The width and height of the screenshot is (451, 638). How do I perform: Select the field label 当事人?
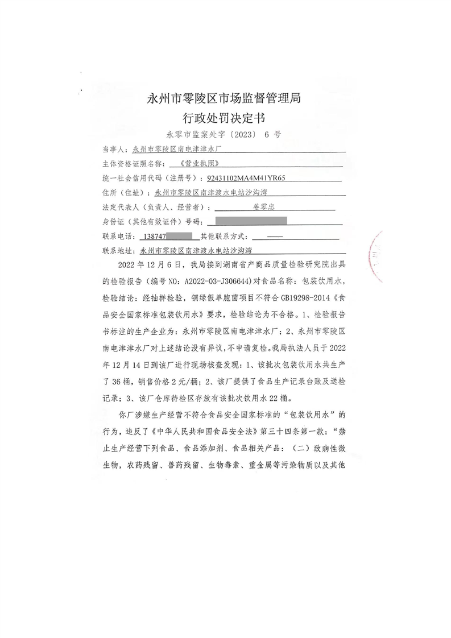(115, 150)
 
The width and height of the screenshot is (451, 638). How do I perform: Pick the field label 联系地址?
(117, 250)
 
